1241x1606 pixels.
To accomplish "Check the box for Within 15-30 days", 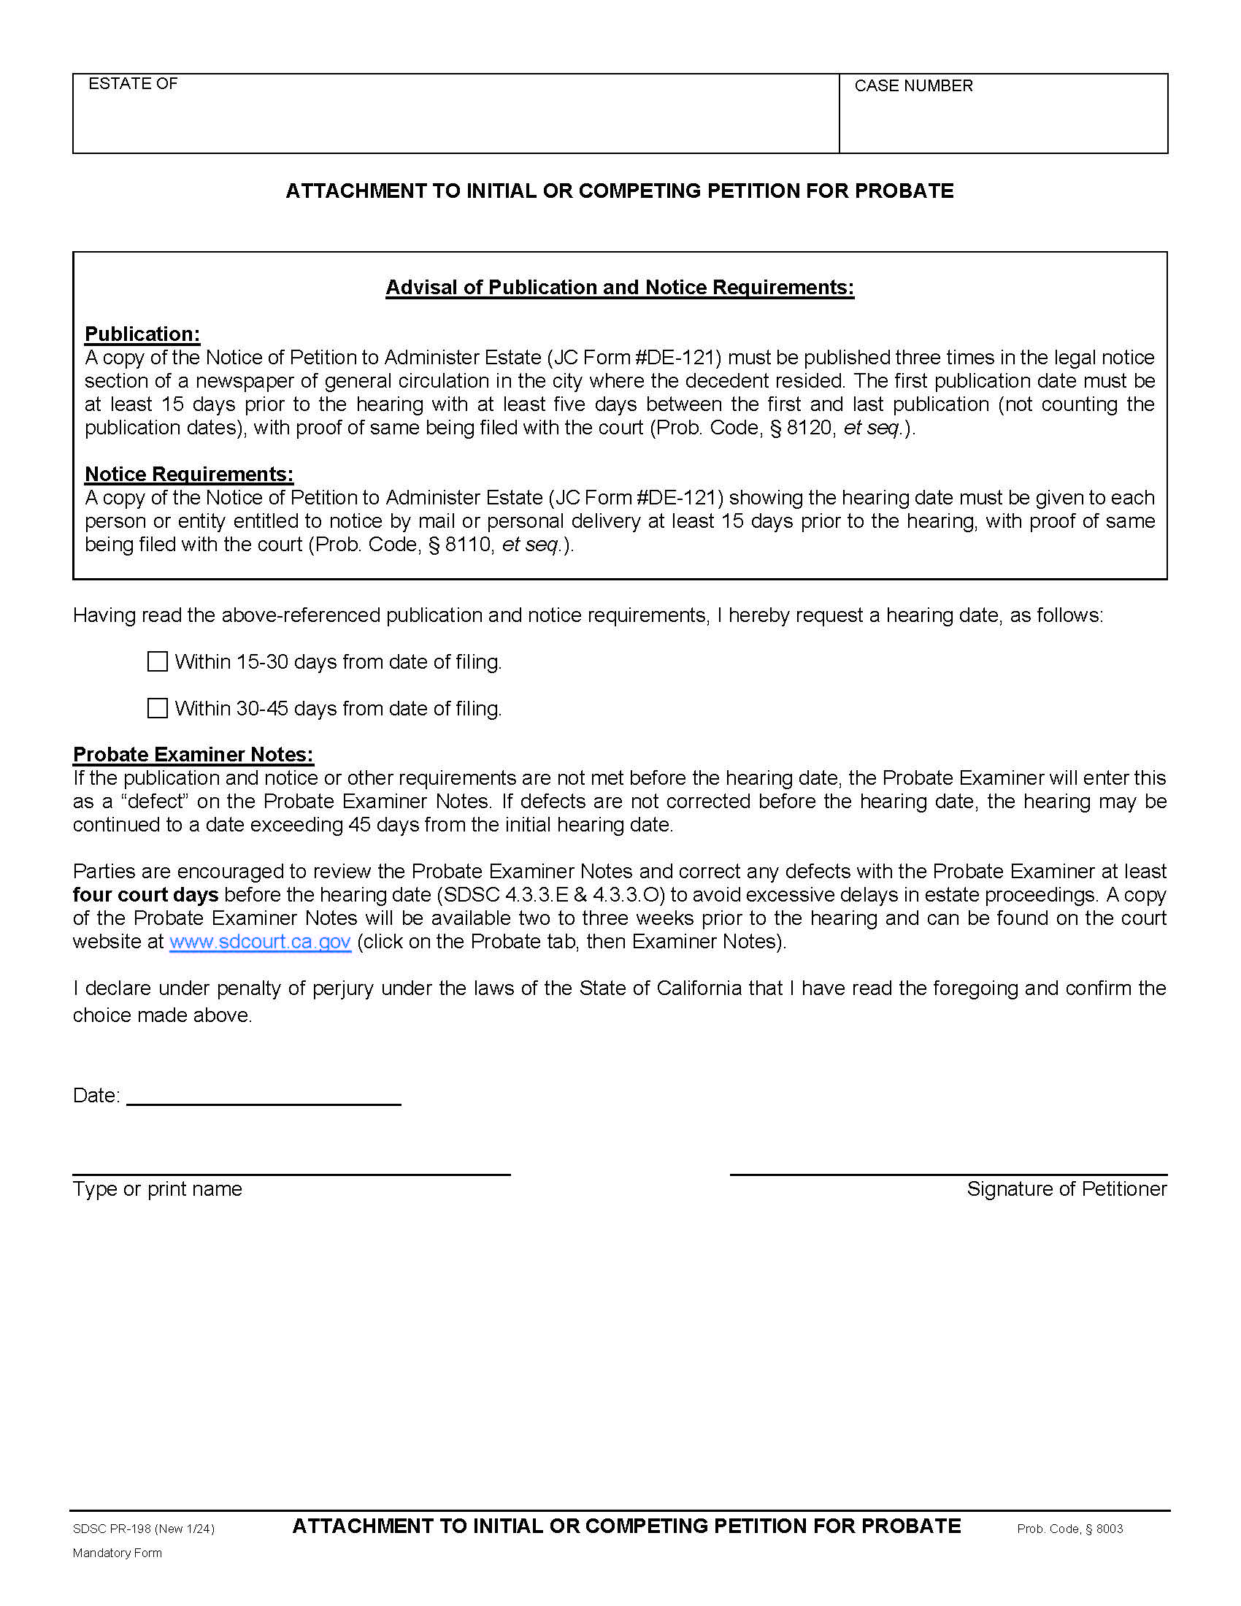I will [158, 661].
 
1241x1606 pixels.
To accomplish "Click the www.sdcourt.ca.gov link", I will [260, 941].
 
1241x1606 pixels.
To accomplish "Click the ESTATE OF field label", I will [133, 84].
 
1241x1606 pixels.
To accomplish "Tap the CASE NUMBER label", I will [913, 86].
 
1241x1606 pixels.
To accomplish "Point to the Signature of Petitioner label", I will [1066, 1189].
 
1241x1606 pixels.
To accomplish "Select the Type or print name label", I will [158, 1189].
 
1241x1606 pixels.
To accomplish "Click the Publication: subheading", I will [142, 334].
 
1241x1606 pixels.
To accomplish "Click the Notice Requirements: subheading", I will [189, 474].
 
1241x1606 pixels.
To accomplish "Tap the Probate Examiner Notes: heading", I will [193, 755].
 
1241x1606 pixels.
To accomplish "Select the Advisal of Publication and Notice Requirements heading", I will [620, 288].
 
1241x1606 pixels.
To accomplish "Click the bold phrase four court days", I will [145, 895].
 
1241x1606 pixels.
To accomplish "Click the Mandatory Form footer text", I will [117, 1553].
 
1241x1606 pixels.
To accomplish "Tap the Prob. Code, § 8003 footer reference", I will [1069, 1529].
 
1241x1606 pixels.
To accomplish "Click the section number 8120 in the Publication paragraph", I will [809, 427].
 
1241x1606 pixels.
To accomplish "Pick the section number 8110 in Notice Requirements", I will [468, 544].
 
